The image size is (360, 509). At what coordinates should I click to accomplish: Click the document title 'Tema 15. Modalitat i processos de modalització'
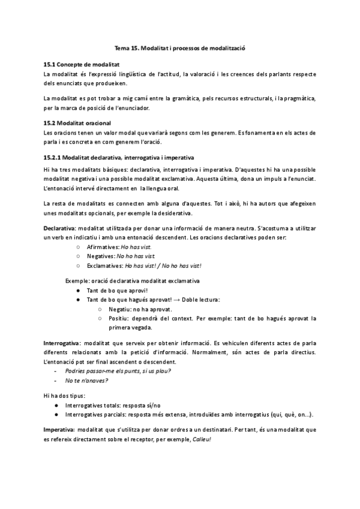pyautogui.click(x=180, y=47)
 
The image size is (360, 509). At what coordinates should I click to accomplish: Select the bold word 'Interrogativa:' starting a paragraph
pyautogui.click(x=62, y=342)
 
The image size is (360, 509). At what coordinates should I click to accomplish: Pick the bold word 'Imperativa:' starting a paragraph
pyautogui.click(x=59, y=430)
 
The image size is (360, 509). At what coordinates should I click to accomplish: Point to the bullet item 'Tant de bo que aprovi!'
pyautogui.click(x=113, y=290)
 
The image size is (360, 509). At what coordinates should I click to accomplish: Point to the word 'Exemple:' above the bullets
pyautogui.click(x=78, y=280)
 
